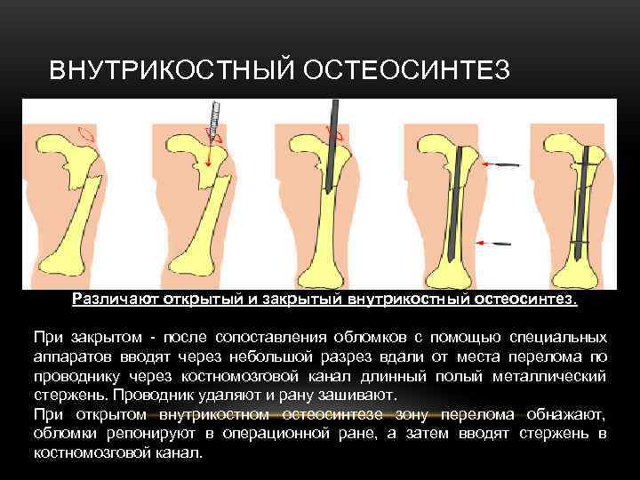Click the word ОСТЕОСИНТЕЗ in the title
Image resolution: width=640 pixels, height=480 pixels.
pos(406,69)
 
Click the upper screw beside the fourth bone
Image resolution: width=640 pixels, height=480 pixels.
pos(503,165)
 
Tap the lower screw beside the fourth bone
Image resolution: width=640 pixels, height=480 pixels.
pos(501,243)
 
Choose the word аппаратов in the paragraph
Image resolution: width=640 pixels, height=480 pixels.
pos(70,356)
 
